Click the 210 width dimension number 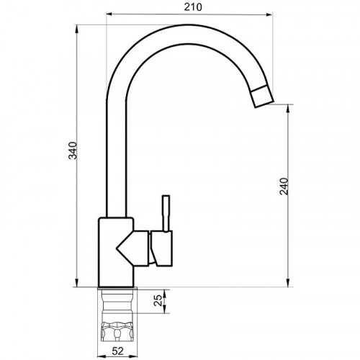[193, 7]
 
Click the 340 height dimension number [73, 150]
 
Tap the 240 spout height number [284, 186]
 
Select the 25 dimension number [158, 300]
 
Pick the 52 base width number [117, 351]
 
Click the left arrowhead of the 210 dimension [109, 14]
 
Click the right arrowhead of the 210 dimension [269, 14]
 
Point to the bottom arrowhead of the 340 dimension [76, 283]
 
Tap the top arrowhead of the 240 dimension [289, 108]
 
